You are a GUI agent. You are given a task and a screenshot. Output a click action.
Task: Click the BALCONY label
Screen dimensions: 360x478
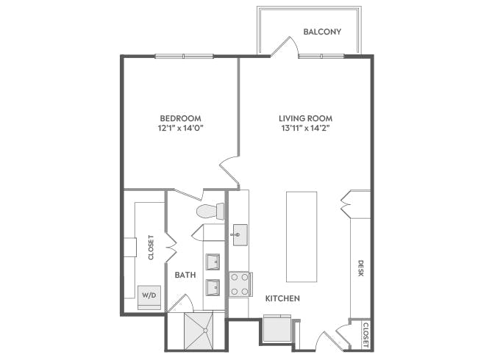321,32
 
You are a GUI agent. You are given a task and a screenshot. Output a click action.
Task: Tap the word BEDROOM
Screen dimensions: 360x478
180,118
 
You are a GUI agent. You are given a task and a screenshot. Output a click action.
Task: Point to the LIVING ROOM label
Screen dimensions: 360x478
305,118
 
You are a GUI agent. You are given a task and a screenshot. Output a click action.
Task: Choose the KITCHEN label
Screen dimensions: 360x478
282,298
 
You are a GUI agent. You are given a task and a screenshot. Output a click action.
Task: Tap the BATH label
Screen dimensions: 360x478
185,275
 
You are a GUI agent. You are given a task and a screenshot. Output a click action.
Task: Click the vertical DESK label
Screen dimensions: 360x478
361,268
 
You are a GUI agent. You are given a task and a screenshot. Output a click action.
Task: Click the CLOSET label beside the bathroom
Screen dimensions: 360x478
151,247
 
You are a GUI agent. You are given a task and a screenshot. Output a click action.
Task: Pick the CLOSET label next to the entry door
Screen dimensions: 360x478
365,334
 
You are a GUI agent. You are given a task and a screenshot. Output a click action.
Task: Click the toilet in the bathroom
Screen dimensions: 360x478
210,212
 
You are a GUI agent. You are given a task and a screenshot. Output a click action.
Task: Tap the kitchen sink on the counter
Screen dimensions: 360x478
239,236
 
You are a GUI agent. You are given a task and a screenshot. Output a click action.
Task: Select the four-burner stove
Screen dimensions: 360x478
240,284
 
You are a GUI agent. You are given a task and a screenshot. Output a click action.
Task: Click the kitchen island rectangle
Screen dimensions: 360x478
302,237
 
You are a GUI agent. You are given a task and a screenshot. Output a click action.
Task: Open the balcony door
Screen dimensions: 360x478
285,46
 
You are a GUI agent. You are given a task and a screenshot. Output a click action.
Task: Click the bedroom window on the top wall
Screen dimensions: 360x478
184,56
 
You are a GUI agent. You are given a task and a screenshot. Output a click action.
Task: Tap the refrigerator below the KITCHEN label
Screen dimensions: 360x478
277,328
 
